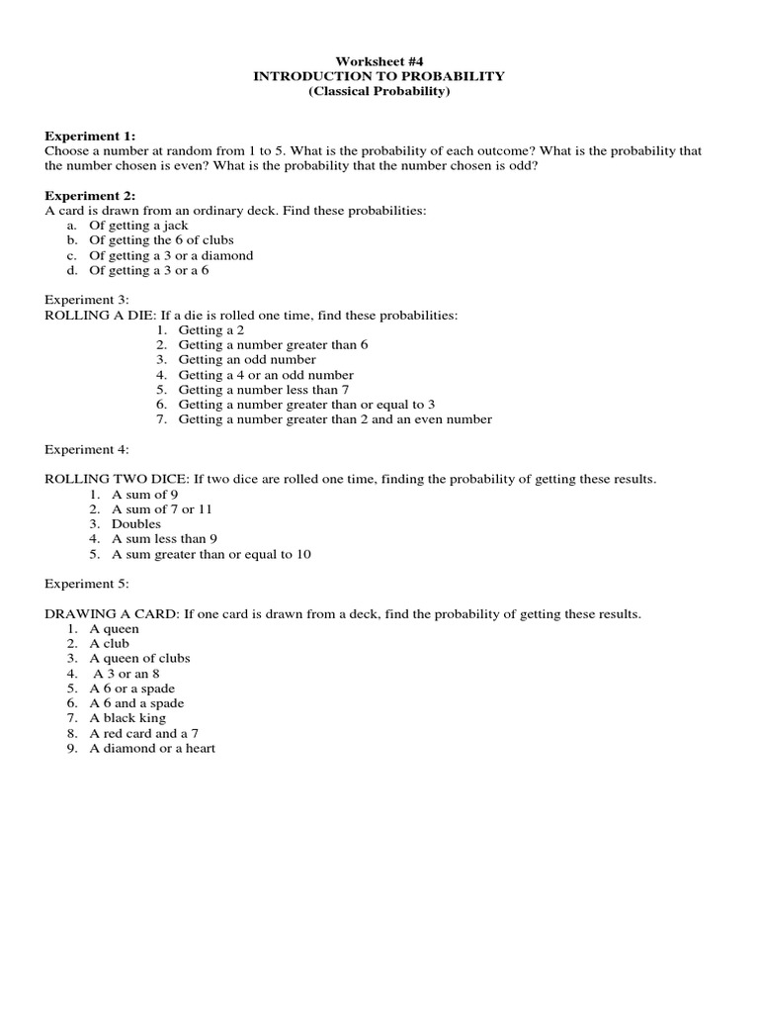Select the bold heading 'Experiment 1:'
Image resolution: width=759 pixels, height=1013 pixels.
(90, 136)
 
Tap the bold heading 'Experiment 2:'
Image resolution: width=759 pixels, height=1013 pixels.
(90, 195)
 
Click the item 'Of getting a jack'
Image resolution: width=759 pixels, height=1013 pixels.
(138, 226)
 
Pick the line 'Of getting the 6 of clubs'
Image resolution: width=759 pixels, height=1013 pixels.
(161, 240)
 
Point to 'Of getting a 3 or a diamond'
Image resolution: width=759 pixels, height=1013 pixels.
(171, 255)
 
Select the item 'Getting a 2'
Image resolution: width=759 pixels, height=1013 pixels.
(211, 329)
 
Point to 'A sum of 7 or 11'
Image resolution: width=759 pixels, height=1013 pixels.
(162, 509)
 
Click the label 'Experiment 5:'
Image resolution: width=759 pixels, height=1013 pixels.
(87, 584)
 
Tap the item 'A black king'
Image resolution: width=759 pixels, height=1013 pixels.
(127, 718)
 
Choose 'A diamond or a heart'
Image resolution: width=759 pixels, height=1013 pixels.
(152, 749)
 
